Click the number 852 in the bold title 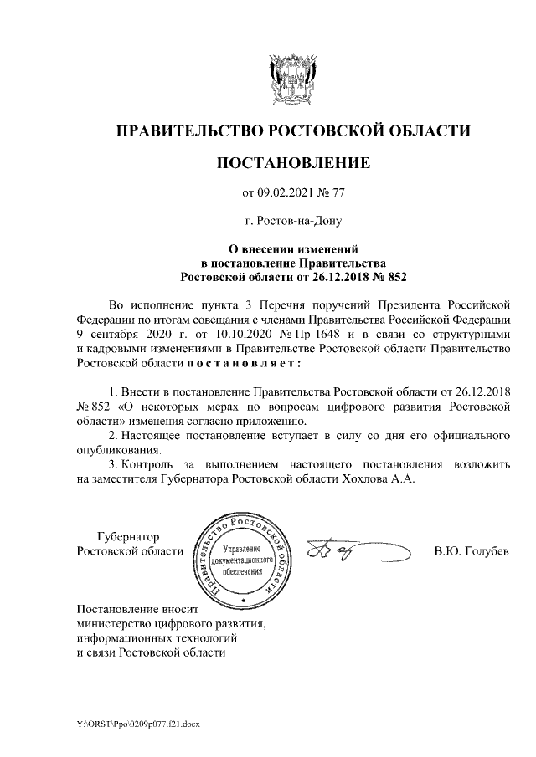(x=395, y=274)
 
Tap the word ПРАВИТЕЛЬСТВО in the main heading (x=185, y=130)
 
